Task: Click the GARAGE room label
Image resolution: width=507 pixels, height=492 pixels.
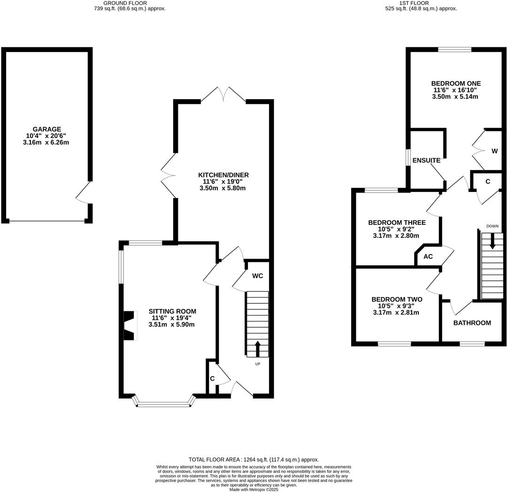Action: point(46,129)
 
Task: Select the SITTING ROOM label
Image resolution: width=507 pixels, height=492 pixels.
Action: point(172,311)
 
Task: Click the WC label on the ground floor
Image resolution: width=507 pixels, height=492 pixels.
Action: point(257,276)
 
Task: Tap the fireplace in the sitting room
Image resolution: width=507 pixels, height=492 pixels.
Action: point(129,325)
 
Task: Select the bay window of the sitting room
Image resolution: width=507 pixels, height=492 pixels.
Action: point(164,402)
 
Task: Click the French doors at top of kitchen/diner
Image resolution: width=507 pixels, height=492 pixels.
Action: point(223,94)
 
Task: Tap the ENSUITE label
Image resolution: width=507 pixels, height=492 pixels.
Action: point(426,161)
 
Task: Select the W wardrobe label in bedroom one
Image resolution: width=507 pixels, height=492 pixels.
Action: point(494,151)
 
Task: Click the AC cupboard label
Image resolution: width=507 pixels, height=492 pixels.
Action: point(428,257)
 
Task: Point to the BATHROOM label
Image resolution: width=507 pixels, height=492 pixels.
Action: point(472,323)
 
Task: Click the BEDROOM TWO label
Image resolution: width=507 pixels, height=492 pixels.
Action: point(397,300)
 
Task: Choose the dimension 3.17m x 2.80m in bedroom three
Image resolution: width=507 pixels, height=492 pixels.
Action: point(396,236)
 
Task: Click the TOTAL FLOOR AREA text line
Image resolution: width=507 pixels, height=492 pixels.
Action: point(253,460)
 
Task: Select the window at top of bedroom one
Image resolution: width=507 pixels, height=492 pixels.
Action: point(455,49)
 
